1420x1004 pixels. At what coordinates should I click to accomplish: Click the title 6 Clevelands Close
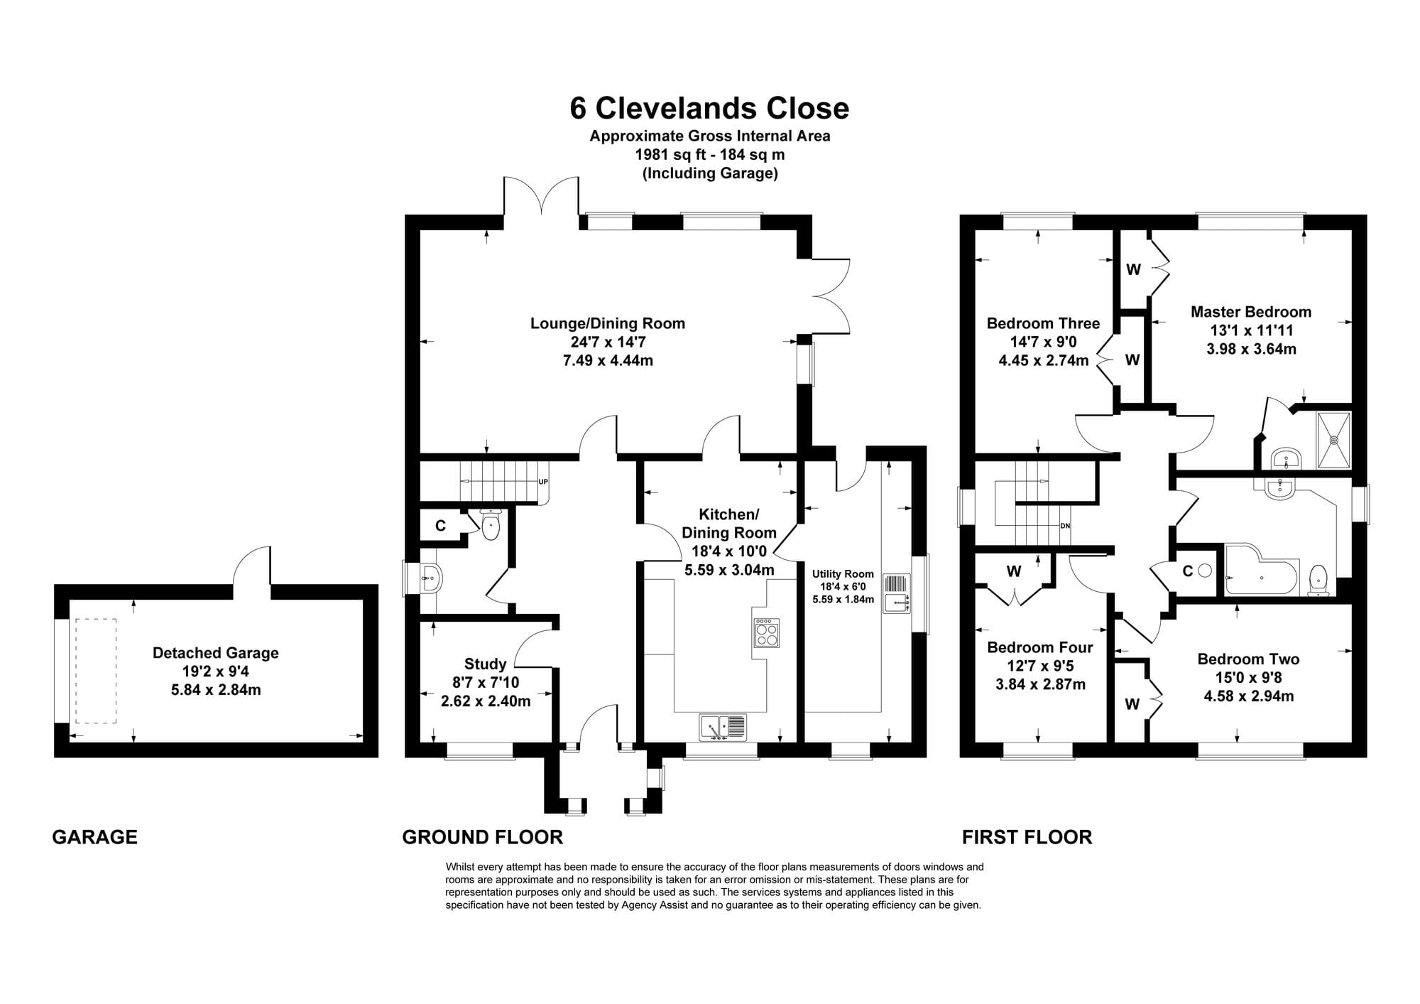pyautogui.click(x=709, y=108)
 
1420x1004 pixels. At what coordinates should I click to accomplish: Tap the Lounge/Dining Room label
pyautogui.click(x=608, y=323)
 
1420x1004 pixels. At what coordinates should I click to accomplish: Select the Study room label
pyautogui.click(x=485, y=664)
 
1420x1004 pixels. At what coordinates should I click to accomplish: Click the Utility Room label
pyautogui.click(x=843, y=574)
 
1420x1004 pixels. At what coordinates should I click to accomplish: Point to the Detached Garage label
pyautogui.click(x=216, y=653)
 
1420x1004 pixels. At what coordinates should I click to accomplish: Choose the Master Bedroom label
pyautogui.click(x=1251, y=311)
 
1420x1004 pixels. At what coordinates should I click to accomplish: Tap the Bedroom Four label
pyautogui.click(x=1040, y=647)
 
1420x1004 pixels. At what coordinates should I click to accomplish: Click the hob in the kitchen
pyautogui.click(x=767, y=632)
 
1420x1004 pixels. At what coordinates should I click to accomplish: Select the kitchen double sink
pyautogui.click(x=723, y=727)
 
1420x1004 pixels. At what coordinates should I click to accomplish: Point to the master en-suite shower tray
pyautogui.click(x=1334, y=440)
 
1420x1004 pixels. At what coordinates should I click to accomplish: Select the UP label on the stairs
pyautogui.click(x=543, y=482)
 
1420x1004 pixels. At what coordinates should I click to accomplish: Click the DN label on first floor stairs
pyautogui.click(x=1065, y=526)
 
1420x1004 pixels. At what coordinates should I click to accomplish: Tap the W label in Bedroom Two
pyautogui.click(x=1132, y=704)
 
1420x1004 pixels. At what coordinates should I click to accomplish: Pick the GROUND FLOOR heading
pyautogui.click(x=483, y=837)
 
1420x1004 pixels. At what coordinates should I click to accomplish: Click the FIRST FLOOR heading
pyautogui.click(x=1027, y=837)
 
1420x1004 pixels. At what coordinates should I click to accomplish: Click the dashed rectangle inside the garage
pyautogui.click(x=96, y=671)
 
